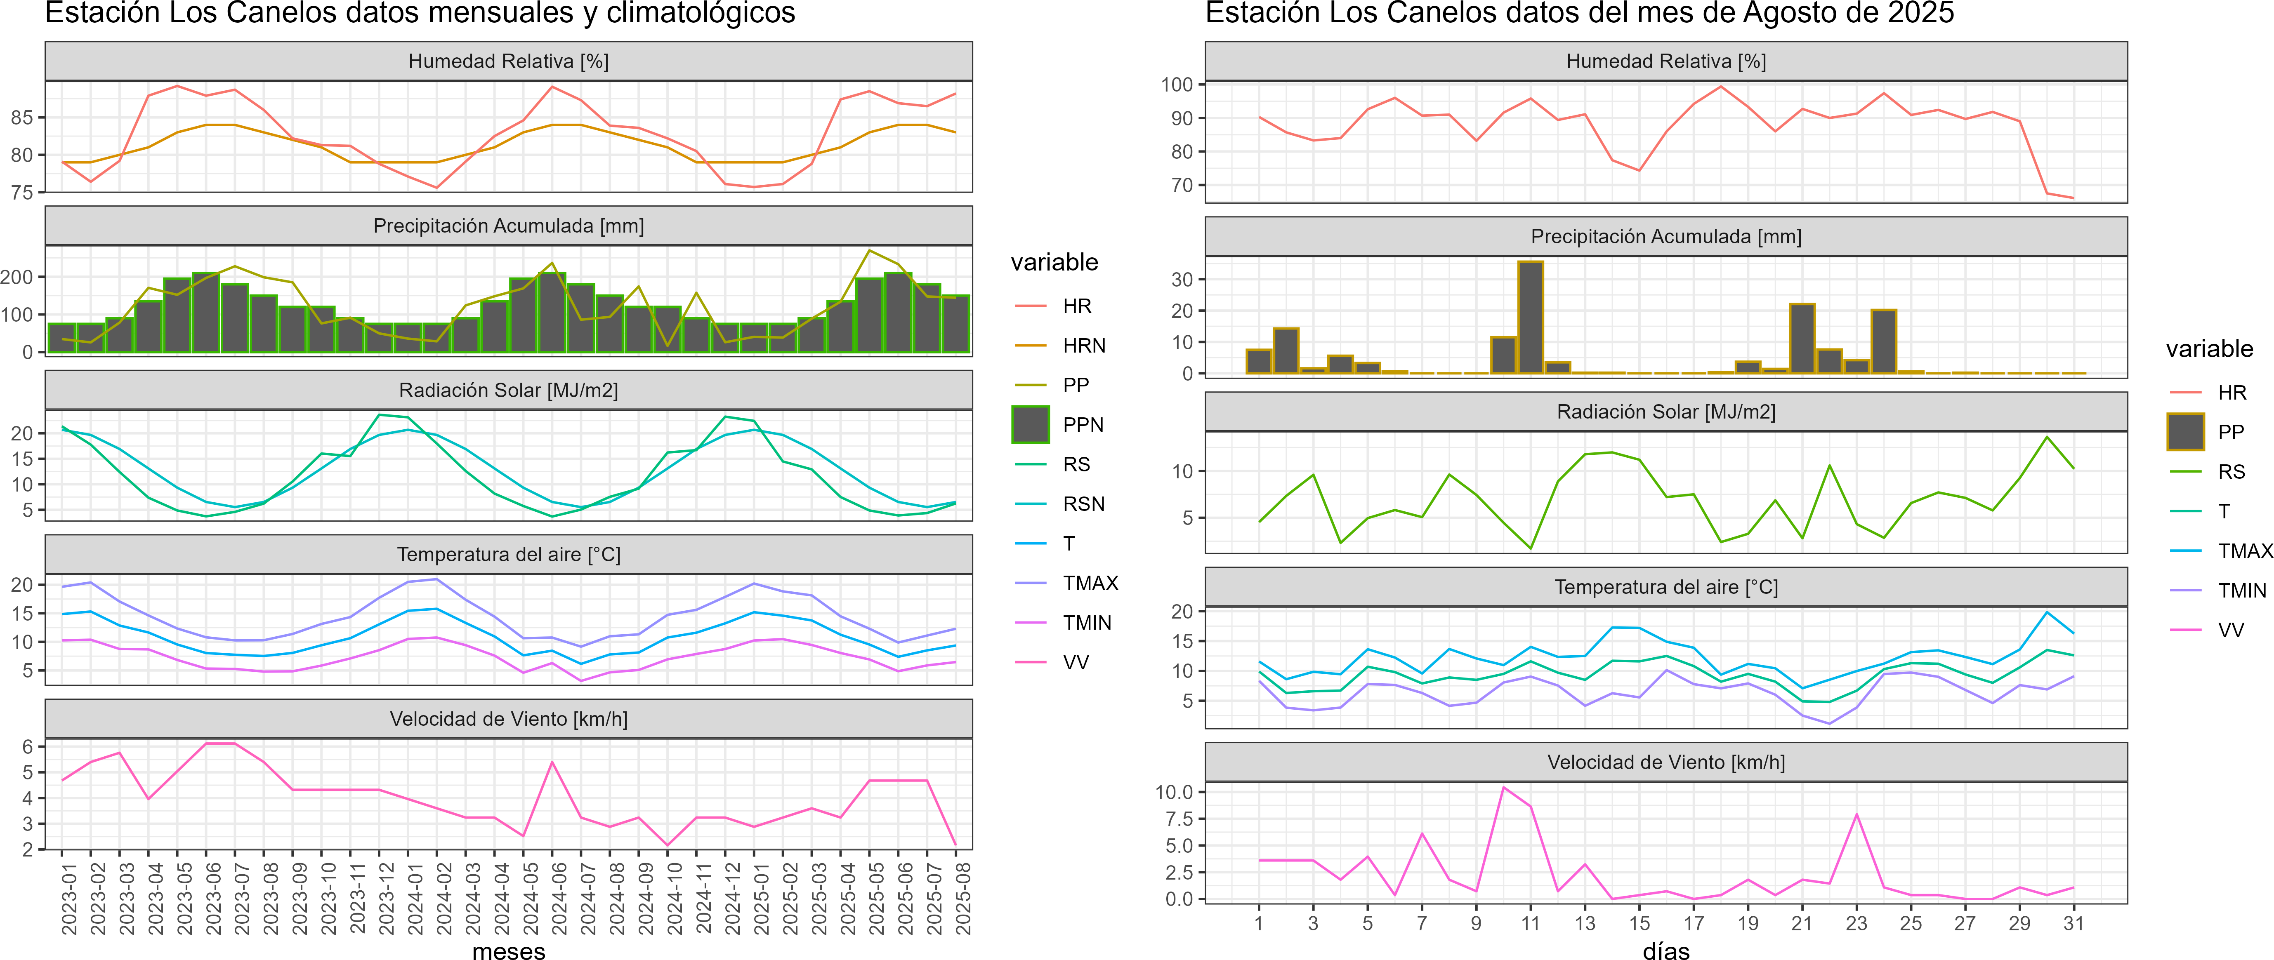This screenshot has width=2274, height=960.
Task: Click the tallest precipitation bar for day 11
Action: pyautogui.click(x=1531, y=318)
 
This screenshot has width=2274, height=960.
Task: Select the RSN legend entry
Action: pyautogui.click(x=1083, y=504)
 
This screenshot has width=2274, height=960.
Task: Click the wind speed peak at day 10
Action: pyautogui.click(x=1503, y=787)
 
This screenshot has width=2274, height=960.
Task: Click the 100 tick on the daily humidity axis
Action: pyautogui.click(x=1177, y=85)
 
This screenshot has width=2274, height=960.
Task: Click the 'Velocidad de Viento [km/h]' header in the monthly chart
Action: pyautogui.click(x=508, y=719)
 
